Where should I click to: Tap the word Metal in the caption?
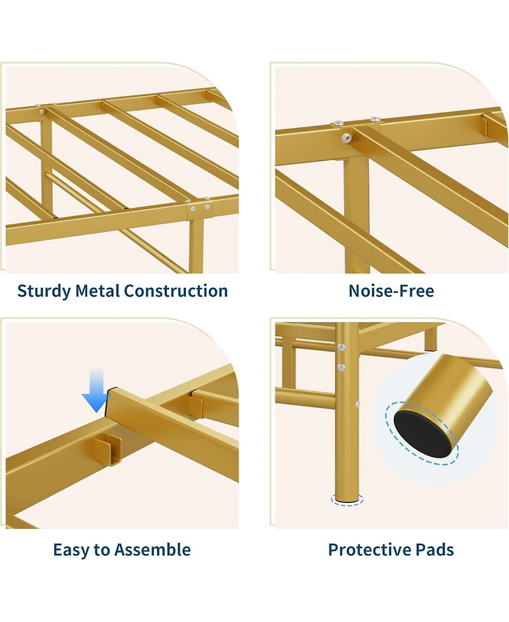click(97, 291)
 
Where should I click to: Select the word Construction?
click(176, 291)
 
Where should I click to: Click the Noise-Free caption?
click(391, 291)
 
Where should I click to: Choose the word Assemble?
click(156, 550)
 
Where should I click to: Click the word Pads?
click(435, 550)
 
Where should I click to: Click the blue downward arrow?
click(96, 391)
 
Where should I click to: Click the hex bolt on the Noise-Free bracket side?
click(346, 138)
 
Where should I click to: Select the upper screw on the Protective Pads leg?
click(341, 348)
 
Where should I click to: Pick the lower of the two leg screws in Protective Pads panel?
click(341, 367)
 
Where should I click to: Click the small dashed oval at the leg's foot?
click(347, 500)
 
